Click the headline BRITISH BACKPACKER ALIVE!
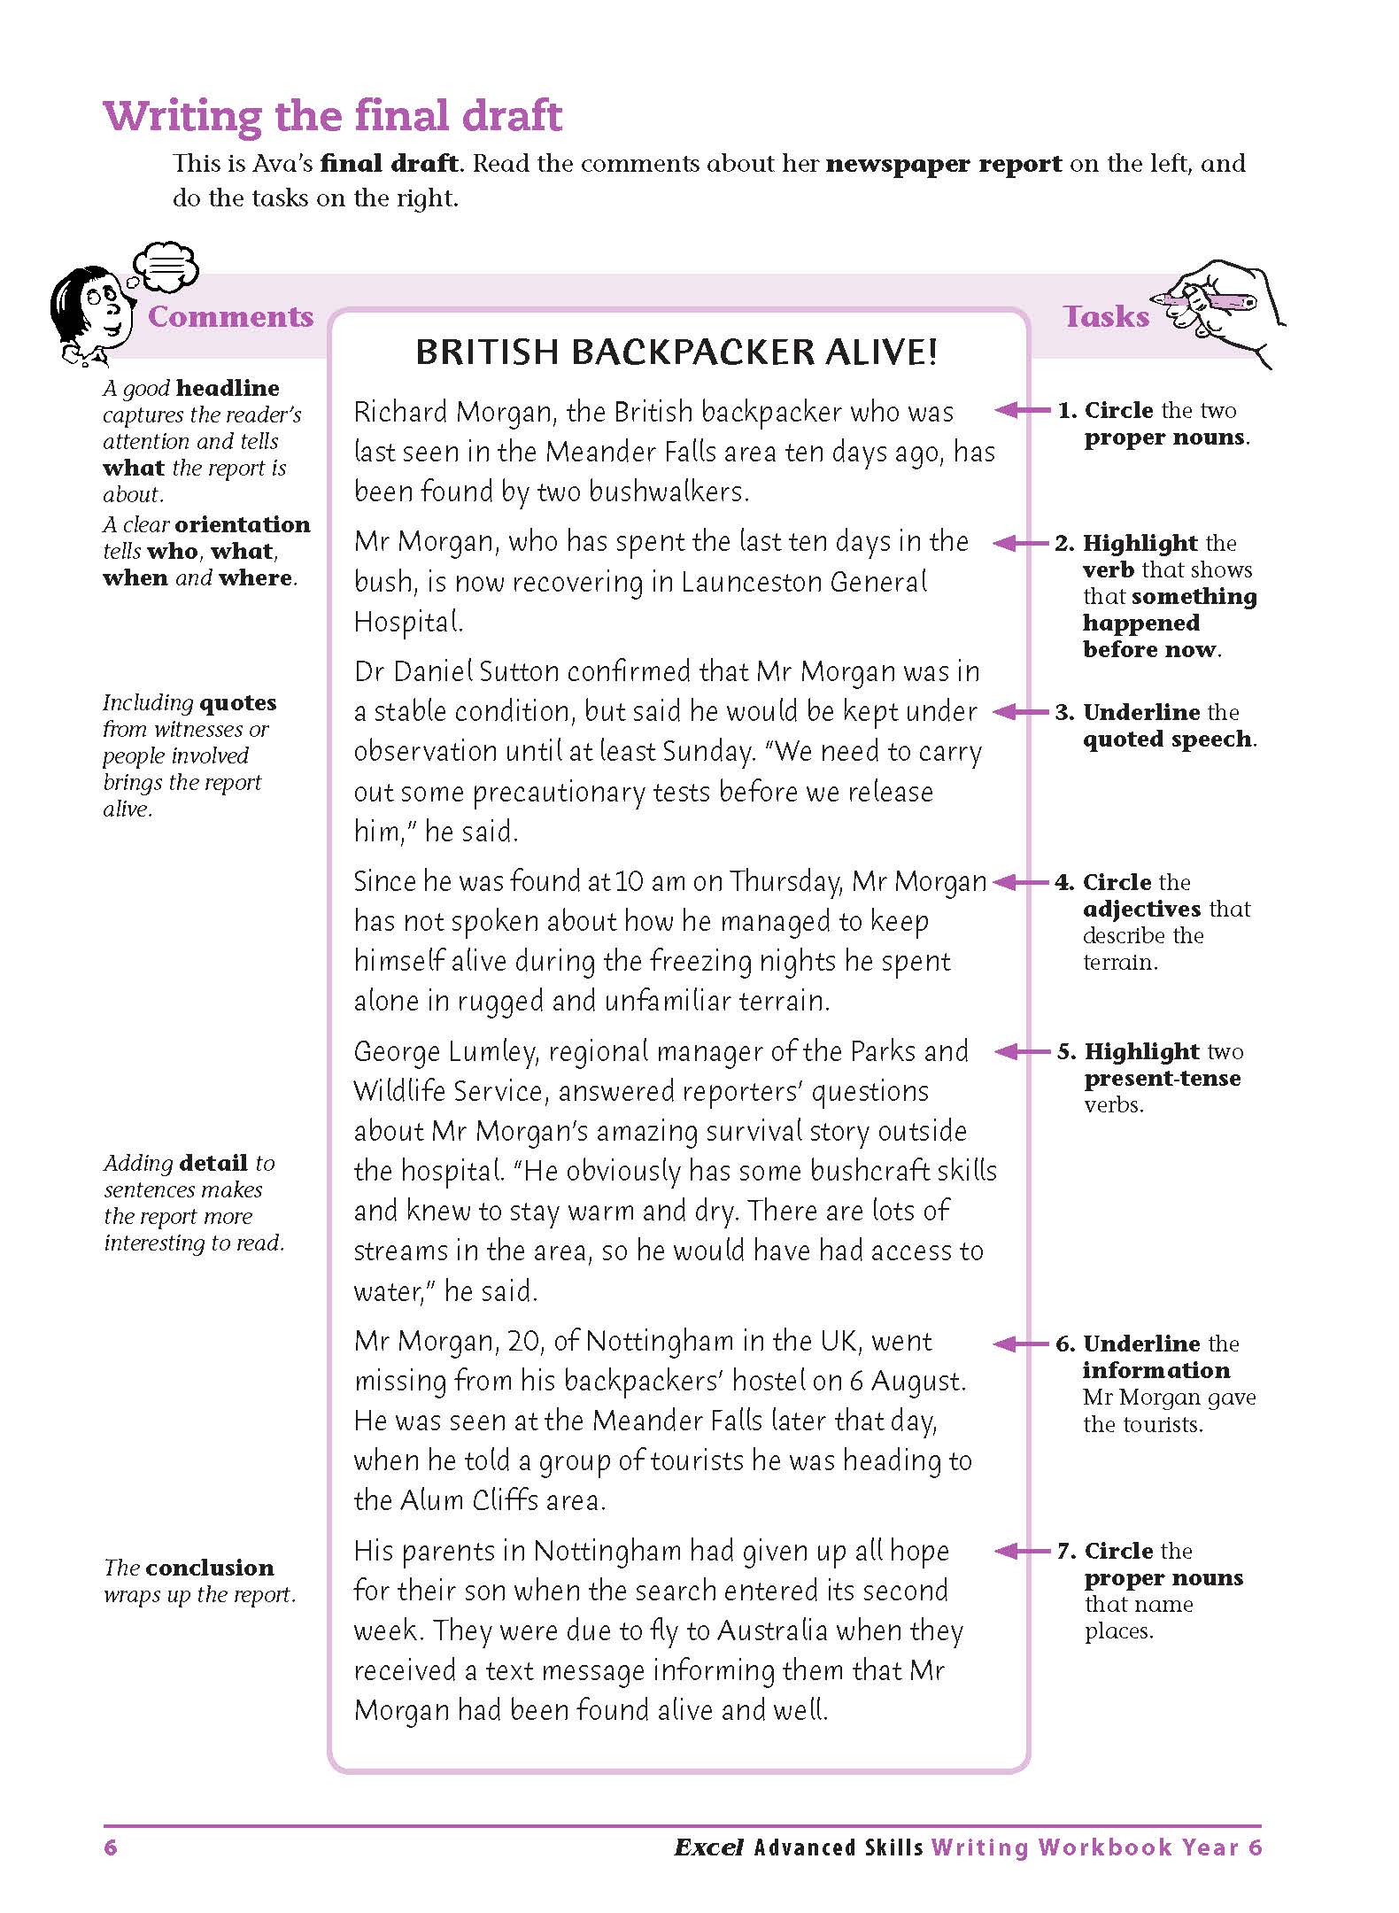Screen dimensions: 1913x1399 [676, 352]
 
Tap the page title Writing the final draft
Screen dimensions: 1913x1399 [332, 116]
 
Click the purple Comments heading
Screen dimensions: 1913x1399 [230, 317]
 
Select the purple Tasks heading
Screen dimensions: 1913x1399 [1106, 317]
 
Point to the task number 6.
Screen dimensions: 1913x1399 [1064, 1344]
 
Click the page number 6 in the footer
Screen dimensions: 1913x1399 [111, 1847]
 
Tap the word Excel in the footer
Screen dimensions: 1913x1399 [708, 1847]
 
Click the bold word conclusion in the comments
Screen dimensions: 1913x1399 [210, 1568]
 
